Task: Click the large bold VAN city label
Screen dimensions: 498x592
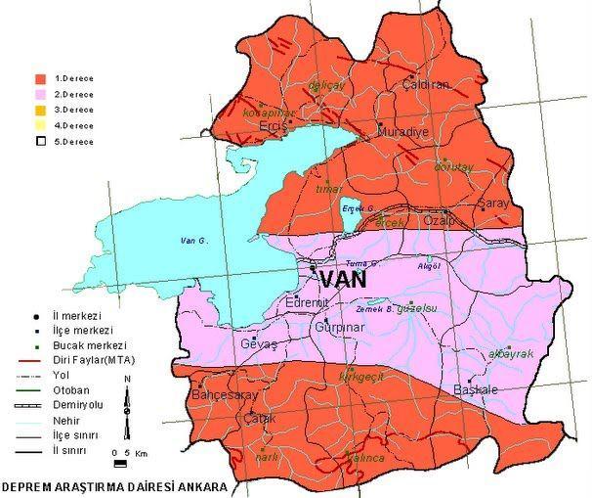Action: tap(343, 279)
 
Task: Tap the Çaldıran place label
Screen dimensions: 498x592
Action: tap(426, 85)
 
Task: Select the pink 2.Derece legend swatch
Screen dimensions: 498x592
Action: tap(40, 93)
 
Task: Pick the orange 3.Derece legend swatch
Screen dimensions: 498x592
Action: tap(40, 110)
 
